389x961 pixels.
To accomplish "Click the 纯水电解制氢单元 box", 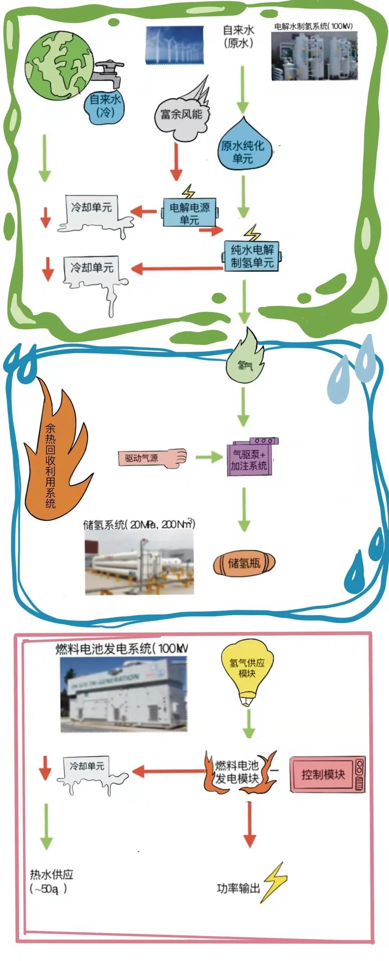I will (x=252, y=256).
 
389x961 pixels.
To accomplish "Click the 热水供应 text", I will (x=52, y=875).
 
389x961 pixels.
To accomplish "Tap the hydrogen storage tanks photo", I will (x=139, y=562).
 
